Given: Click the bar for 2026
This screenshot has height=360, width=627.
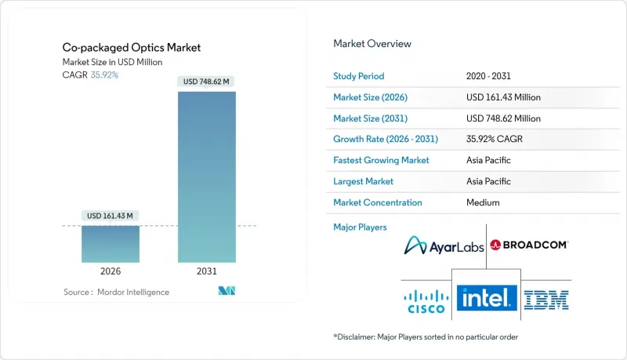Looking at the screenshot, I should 111,244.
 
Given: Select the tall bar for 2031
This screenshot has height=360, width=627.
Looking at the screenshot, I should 207,176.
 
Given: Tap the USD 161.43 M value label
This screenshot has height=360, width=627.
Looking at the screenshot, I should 111,216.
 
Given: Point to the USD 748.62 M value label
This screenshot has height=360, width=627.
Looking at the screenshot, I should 207,82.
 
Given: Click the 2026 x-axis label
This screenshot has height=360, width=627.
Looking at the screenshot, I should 111,271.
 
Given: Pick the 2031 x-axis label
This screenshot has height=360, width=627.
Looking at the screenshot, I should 207,271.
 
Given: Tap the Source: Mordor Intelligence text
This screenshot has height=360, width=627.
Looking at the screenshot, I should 116,292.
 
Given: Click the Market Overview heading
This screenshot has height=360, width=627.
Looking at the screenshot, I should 372,44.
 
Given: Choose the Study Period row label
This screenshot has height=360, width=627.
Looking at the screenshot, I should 360,76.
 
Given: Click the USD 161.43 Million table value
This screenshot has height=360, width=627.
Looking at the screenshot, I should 502,97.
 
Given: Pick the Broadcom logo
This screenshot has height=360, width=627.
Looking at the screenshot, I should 529,245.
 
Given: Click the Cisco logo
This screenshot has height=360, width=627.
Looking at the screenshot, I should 425,298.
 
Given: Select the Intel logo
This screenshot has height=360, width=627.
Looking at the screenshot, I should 486,297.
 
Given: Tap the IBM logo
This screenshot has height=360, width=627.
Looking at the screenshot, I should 547,298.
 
